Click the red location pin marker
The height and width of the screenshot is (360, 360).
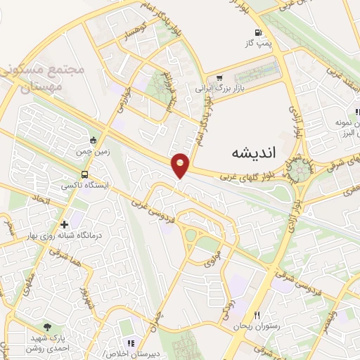[181, 165]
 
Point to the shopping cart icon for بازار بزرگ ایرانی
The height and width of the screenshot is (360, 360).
[219, 78]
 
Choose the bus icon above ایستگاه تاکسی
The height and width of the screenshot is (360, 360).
[85, 174]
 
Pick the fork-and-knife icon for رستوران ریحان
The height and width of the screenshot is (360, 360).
[257, 316]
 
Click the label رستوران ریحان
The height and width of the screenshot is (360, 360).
[253, 327]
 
